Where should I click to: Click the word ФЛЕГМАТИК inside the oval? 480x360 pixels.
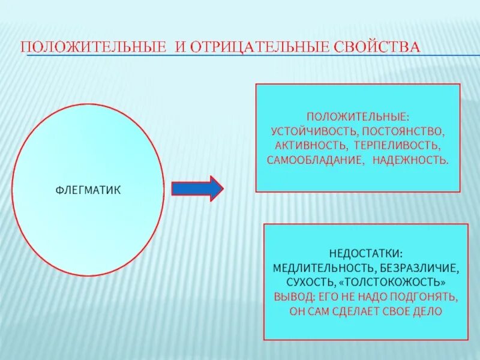pos(88,190)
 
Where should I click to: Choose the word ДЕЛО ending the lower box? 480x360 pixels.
pos(428,311)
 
